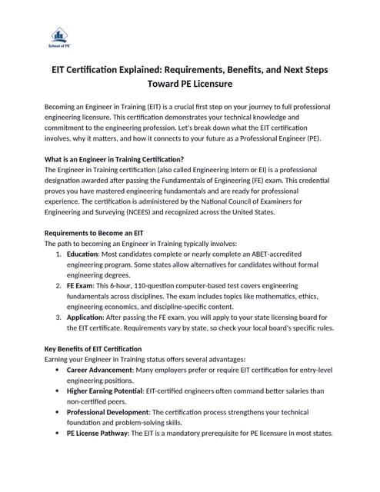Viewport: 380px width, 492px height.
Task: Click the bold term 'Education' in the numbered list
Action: coord(82,253)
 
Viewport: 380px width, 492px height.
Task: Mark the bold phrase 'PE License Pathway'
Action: coord(100,433)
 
